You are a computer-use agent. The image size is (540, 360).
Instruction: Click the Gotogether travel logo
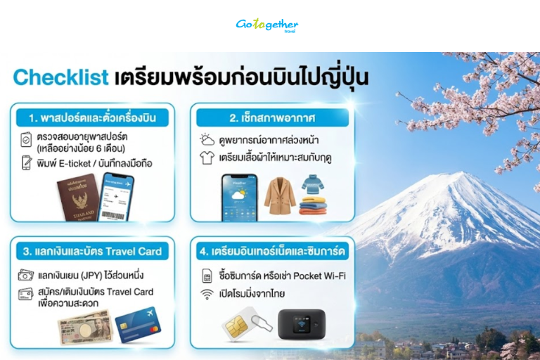click(266, 25)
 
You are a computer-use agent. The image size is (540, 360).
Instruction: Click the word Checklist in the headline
click(60, 77)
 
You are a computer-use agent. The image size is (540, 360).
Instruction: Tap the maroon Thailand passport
click(77, 198)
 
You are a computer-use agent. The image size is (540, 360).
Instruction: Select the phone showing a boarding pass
click(117, 198)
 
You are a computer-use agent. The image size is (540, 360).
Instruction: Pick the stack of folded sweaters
click(313, 195)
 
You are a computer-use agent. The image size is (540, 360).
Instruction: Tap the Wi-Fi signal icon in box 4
click(207, 294)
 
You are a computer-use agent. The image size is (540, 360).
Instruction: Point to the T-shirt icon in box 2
click(207, 158)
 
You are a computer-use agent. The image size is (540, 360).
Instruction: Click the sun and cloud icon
click(207, 139)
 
